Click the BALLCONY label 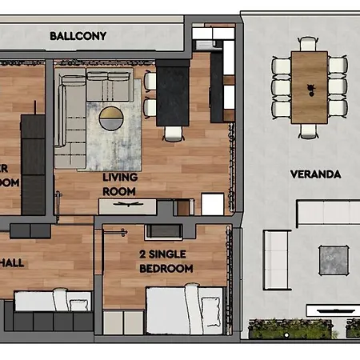click(x=78, y=36)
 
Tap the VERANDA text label click(x=315, y=174)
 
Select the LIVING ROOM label click(x=120, y=183)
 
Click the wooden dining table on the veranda click(x=309, y=86)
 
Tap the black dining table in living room click(x=170, y=95)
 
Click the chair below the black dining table click(x=171, y=134)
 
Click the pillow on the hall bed click(x=80, y=302)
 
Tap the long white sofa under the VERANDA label click(x=328, y=213)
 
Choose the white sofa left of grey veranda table click(x=277, y=259)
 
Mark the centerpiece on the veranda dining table click(x=309, y=84)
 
